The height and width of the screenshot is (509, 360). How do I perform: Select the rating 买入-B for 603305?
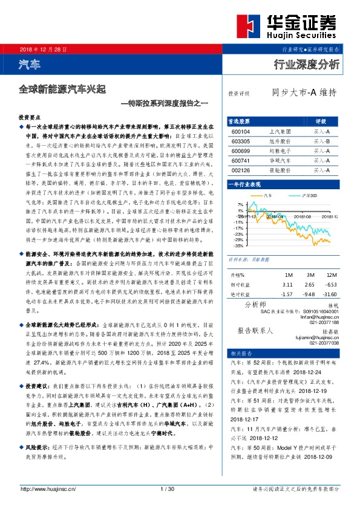click(321, 141)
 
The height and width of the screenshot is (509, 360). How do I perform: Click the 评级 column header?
click(321, 120)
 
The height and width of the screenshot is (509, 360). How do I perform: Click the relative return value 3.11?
click(287, 284)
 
